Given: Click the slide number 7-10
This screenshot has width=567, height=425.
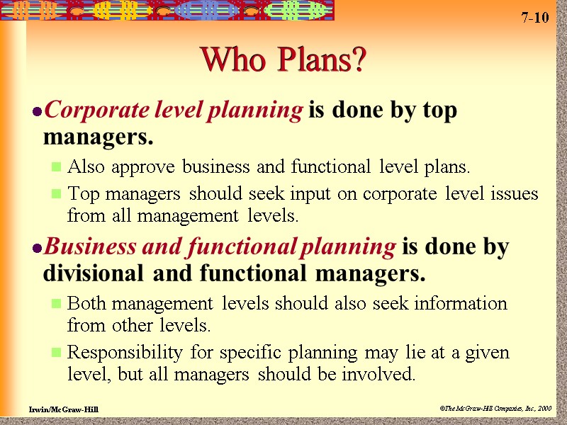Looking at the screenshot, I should click(x=535, y=18).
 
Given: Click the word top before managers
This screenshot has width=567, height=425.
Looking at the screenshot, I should click(x=441, y=111).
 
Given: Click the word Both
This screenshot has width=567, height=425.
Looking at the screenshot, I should click(x=89, y=304).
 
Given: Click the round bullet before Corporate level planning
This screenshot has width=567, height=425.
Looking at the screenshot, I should click(x=37, y=112).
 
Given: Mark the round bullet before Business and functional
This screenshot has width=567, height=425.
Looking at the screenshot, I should click(x=37, y=247).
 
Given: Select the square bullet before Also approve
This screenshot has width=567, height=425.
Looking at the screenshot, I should click(x=57, y=169).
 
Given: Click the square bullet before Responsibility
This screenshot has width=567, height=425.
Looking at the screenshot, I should click(x=57, y=353).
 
